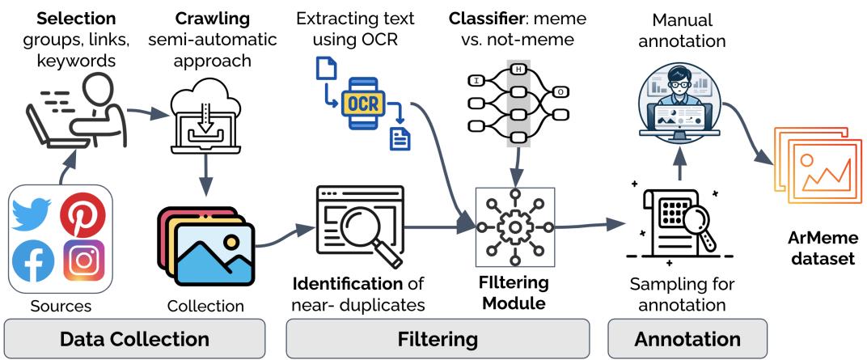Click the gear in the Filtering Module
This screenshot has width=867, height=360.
(514, 227)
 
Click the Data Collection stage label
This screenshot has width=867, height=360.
(134, 338)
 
